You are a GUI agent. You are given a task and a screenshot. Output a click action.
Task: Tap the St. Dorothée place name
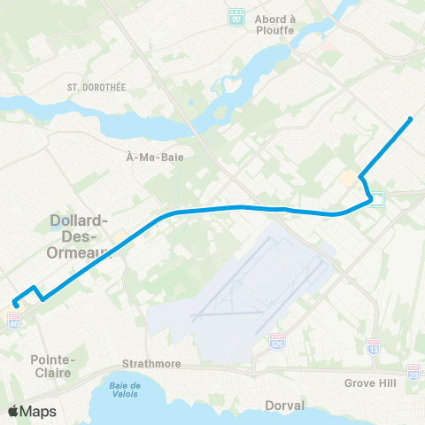[x=93, y=87]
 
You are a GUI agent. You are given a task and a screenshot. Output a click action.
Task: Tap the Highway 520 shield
[x=277, y=340]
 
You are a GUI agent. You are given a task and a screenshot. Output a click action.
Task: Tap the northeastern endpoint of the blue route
[x=412, y=119]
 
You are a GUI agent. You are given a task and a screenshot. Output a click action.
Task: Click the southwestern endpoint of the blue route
[x=16, y=306]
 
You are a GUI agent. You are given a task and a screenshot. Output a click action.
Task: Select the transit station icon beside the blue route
[x=377, y=199]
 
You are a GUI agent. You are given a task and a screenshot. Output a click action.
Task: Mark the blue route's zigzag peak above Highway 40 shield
[x=34, y=287]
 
